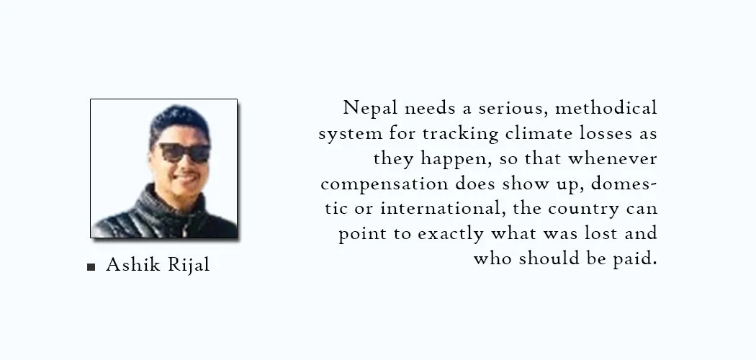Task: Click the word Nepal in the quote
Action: click(370, 108)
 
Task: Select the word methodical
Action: click(606, 107)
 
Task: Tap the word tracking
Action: click(461, 133)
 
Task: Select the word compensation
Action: click(384, 184)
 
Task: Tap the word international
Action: click(443, 208)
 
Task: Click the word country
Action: click(583, 209)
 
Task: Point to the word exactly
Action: click(450, 234)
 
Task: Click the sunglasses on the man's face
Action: click(184, 153)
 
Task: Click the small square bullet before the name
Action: click(91, 266)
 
